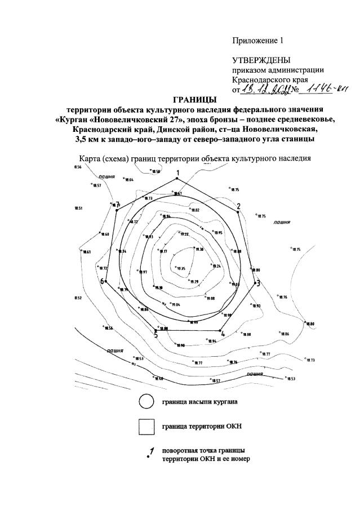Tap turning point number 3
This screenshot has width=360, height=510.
[x=255, y=281]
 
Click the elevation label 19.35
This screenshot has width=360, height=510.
[x=180, y=269]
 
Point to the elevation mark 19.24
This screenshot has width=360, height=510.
[x=217, y=267]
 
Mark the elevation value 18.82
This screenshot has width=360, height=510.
[x=196, y=210]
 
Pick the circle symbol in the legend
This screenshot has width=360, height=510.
[x=146, y=402]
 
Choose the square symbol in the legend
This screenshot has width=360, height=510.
[x=146, y=427]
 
